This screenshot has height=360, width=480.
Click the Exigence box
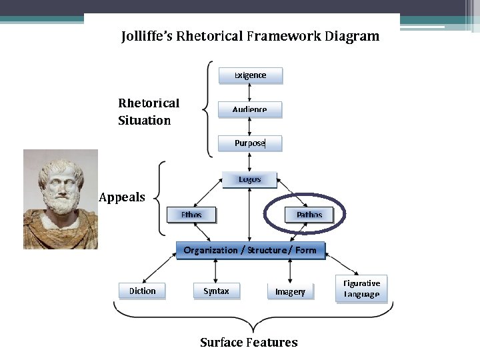click(x=250, y=75)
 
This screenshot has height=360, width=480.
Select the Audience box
click(x=250, y=109)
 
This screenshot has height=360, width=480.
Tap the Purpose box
click(x=250, y=143)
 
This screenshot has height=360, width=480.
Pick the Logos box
click(x=249, y=179)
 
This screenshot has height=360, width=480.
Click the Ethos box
click(x=191, y=215)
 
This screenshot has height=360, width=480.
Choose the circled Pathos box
click(x=309, y=215)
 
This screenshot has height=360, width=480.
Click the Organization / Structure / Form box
click(x=249, y=250)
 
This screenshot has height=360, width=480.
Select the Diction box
click(x=142, y=291)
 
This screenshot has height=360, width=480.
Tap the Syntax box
click(x=216, y=291)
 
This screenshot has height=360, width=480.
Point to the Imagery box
click(x=290, y=291)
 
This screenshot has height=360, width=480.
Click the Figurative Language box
click(x=361, y=289)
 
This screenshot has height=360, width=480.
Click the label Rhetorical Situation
click(x=148, y=111)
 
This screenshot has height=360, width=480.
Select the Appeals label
click(x=121, y=197)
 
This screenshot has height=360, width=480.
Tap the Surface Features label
click(x=249, y=343)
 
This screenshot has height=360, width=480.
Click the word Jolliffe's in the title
click(x=147, y=36)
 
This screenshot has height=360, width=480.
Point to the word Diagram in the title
click(x=351, y=36)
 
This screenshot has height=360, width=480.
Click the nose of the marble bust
click(x=59, y=184)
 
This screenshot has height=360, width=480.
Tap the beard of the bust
click(x=59, y=203)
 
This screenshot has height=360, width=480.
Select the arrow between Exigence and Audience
click(x=250, y=93)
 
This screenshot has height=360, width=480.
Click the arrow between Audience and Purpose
click(x=250, y=127)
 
